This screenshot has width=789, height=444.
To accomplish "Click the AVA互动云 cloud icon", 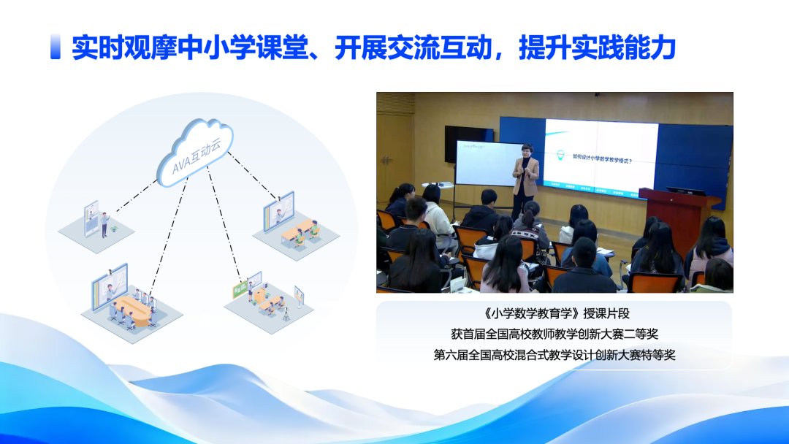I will pos(194,152).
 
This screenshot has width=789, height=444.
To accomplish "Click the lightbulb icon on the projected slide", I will pos(560,156).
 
